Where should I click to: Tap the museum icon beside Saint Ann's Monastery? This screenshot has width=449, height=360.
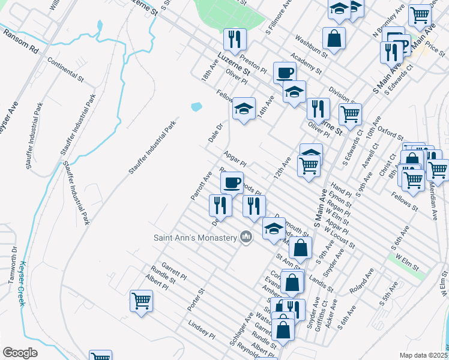tap(245, 238)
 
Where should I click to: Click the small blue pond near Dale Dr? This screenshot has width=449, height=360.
tap(196, 107)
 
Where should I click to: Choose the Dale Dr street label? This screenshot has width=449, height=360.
tap(215, 133)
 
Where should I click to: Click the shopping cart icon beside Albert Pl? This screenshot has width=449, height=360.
tap(141, 300)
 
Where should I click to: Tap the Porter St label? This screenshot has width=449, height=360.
tap(196, 299)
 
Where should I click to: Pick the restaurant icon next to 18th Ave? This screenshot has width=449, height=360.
tap(234, 39)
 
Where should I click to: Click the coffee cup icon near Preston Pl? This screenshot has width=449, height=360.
tap(285, 73)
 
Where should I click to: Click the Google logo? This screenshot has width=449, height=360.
tap(20, 353)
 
